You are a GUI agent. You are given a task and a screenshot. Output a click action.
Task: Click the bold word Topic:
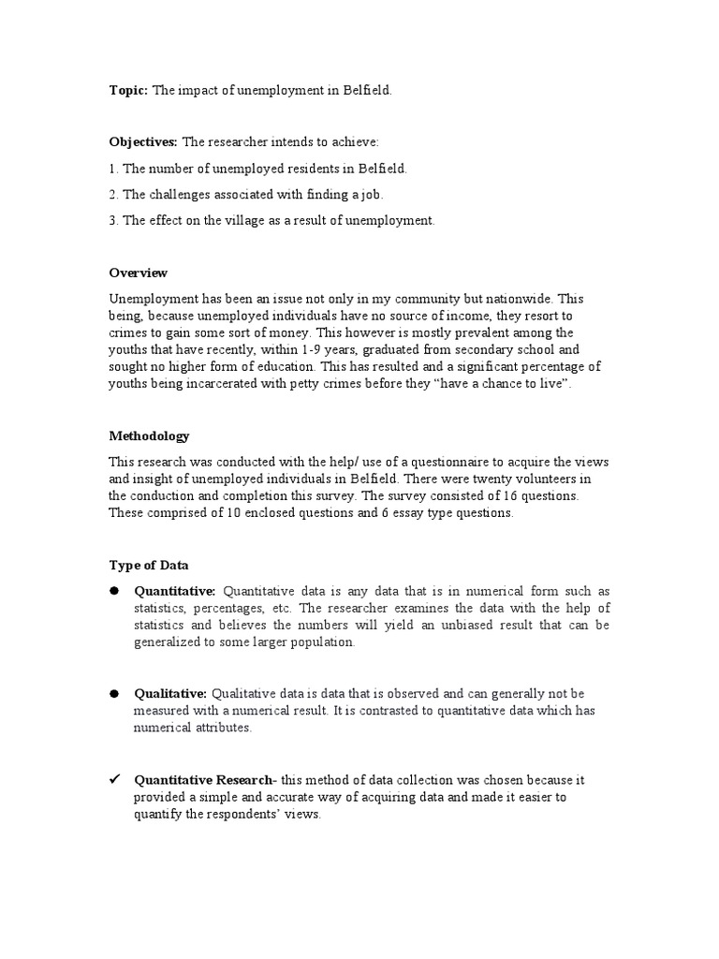[128, 90]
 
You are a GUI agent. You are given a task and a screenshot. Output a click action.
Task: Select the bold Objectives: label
[143, 141]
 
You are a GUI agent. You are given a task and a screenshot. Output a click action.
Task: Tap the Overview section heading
[138, 273]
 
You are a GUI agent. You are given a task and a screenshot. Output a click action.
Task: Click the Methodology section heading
[149, 435]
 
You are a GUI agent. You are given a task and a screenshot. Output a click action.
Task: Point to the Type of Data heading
[149, 565]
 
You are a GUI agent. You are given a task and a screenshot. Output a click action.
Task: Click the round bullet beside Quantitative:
[114, 591]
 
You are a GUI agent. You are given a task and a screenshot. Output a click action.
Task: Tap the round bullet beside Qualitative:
[114, 693]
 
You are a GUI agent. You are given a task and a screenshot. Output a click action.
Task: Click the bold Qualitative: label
[171, 693]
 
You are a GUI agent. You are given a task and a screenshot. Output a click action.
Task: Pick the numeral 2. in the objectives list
[114, 194]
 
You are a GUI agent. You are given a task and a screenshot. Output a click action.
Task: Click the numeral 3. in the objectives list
[114, 220]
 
